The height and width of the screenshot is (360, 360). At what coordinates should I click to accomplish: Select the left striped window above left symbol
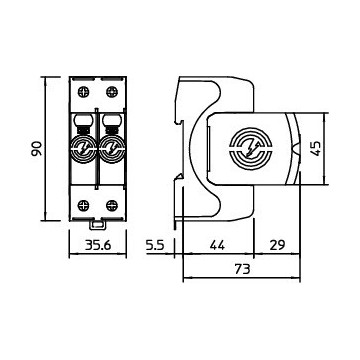[x=84, y=124]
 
